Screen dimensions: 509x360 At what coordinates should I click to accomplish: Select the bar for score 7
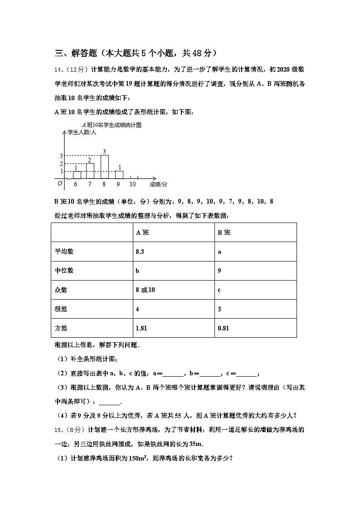point(90,171)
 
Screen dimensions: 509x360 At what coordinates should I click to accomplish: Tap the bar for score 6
point(77,175)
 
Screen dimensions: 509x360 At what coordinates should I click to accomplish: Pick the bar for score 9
point(119,175)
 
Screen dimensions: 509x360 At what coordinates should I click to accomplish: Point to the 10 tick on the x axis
point(132,184)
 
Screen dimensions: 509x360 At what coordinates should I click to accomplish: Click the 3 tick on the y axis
point(61,156)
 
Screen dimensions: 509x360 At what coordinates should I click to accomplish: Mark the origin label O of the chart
point(59,183)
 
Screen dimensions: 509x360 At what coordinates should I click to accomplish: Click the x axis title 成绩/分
point(158,184)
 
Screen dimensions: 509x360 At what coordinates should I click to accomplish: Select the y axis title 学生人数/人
point(82,132)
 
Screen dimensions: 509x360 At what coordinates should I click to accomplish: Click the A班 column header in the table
point(142,233)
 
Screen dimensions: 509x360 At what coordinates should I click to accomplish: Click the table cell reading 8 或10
point(145,290)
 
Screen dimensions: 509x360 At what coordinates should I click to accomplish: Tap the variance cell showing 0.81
point(223,328)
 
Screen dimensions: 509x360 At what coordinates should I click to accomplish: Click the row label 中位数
point(64,271)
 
